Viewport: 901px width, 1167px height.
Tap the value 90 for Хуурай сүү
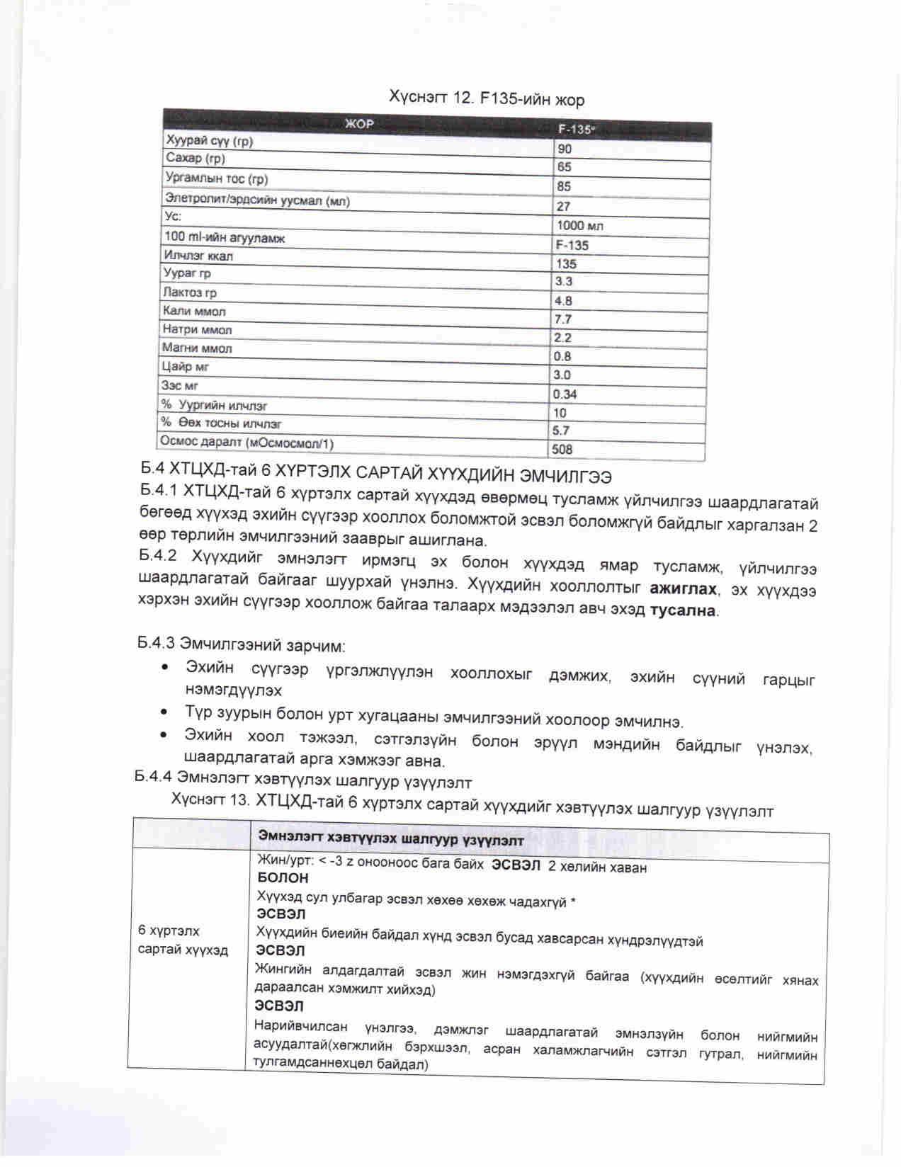point(565,149)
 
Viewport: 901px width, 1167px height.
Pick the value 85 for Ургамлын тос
point(565,186)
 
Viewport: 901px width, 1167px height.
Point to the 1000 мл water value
point(580,225)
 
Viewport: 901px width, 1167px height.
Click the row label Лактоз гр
point(190,292)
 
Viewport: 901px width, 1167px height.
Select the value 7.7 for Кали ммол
point(563,319)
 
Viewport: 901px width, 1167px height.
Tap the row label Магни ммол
point(197,348)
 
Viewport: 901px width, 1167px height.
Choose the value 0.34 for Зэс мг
point(565,394)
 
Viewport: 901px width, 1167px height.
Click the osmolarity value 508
point(562,449)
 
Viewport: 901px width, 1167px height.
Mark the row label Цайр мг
point(186,367)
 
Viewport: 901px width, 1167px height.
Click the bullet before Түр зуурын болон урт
point(165,712)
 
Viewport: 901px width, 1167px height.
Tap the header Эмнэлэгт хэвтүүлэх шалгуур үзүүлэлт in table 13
point(391,840)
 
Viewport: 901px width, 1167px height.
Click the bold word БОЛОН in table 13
point(283,877)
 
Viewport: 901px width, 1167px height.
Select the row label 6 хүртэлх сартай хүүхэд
point(183,940)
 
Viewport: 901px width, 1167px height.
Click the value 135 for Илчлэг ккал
point(566,263)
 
